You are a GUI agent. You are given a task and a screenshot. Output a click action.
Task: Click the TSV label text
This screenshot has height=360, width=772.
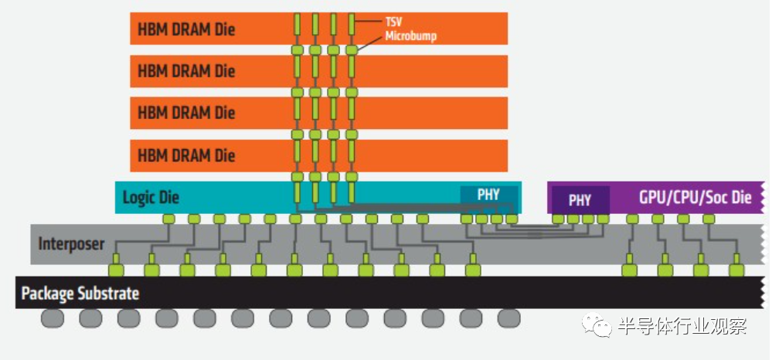pos(394,22)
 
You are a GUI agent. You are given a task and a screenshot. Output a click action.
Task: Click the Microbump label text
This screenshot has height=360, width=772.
pos(410,36)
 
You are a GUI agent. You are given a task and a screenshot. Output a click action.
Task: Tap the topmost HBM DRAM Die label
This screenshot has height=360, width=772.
pos(186,29)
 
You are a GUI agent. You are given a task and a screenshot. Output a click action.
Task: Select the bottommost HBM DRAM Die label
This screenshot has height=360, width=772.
pos(186,155)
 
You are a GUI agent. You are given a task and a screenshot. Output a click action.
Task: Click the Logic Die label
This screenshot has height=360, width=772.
pos(151,198)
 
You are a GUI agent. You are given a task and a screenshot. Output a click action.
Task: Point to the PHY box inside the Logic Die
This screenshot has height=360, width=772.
pos(489,195)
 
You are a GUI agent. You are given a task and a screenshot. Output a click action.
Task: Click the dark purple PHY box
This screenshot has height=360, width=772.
pos(580,200)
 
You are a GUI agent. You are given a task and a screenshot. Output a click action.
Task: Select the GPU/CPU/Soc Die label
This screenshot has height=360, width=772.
pos(695,198)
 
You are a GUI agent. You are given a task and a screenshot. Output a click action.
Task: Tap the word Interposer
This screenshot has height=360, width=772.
pos(71,244)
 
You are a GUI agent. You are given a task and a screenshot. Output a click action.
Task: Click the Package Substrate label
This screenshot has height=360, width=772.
pos(80,294)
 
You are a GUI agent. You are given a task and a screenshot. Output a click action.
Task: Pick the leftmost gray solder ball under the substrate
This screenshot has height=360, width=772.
pos(53,318)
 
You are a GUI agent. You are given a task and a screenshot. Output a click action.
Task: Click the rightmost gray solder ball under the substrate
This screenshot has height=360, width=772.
pos(508,318)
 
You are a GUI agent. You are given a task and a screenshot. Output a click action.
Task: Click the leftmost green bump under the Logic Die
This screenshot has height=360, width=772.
pos(169,219)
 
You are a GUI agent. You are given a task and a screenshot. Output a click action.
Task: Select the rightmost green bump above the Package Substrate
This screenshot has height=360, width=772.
pos(736,270)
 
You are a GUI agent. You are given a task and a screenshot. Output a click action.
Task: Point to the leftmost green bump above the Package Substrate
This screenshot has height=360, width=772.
pos(116,270)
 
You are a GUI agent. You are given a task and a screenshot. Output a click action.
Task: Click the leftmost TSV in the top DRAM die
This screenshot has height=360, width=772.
pos(297,24)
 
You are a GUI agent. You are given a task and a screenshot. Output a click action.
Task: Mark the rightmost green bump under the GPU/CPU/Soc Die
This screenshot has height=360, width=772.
pos(709,219)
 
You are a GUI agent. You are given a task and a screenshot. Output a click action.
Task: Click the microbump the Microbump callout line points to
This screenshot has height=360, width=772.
pos(351,49)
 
